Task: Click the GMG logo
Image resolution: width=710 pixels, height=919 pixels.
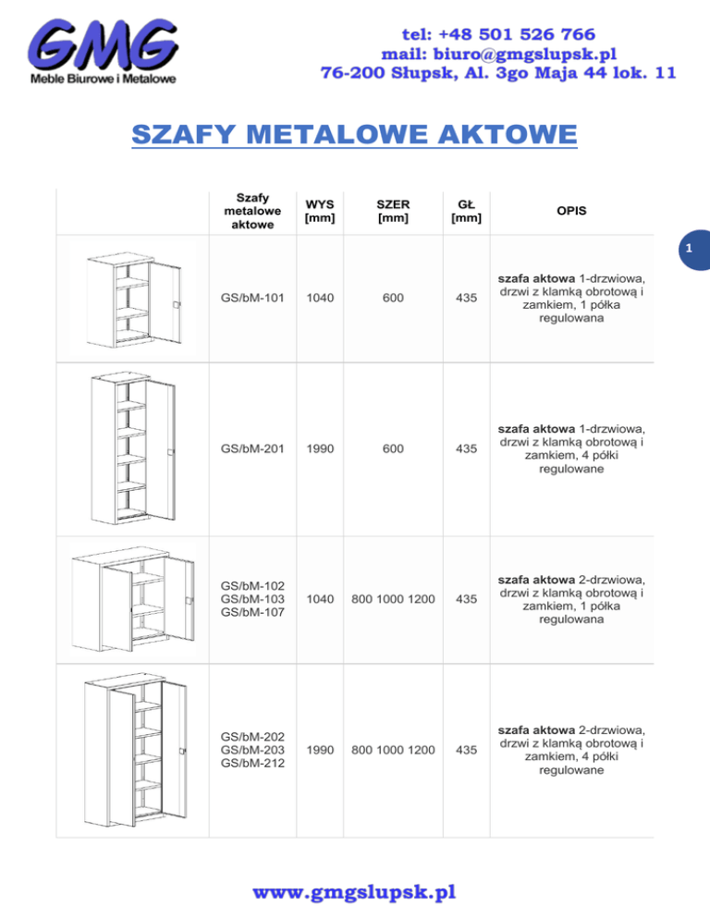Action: click(x=103, y=50)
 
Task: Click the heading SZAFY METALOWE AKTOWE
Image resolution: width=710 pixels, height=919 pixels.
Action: click(x=355, y=136)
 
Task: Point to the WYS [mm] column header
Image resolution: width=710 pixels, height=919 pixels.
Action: click(x=319, y=211)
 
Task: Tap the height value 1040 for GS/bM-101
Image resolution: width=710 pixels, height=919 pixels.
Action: click(x=319, y=299)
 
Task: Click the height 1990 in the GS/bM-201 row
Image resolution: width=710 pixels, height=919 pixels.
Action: click(x=319, y=448)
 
